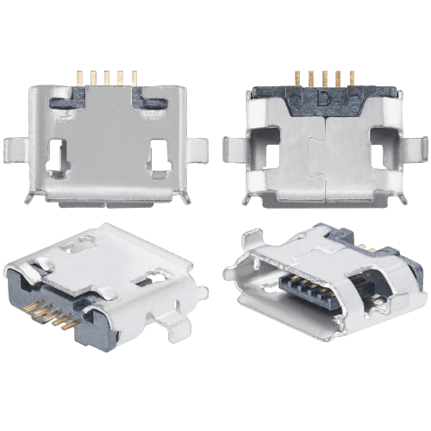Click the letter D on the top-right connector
323,98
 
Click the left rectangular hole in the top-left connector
58,156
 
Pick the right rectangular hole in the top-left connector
159,156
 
